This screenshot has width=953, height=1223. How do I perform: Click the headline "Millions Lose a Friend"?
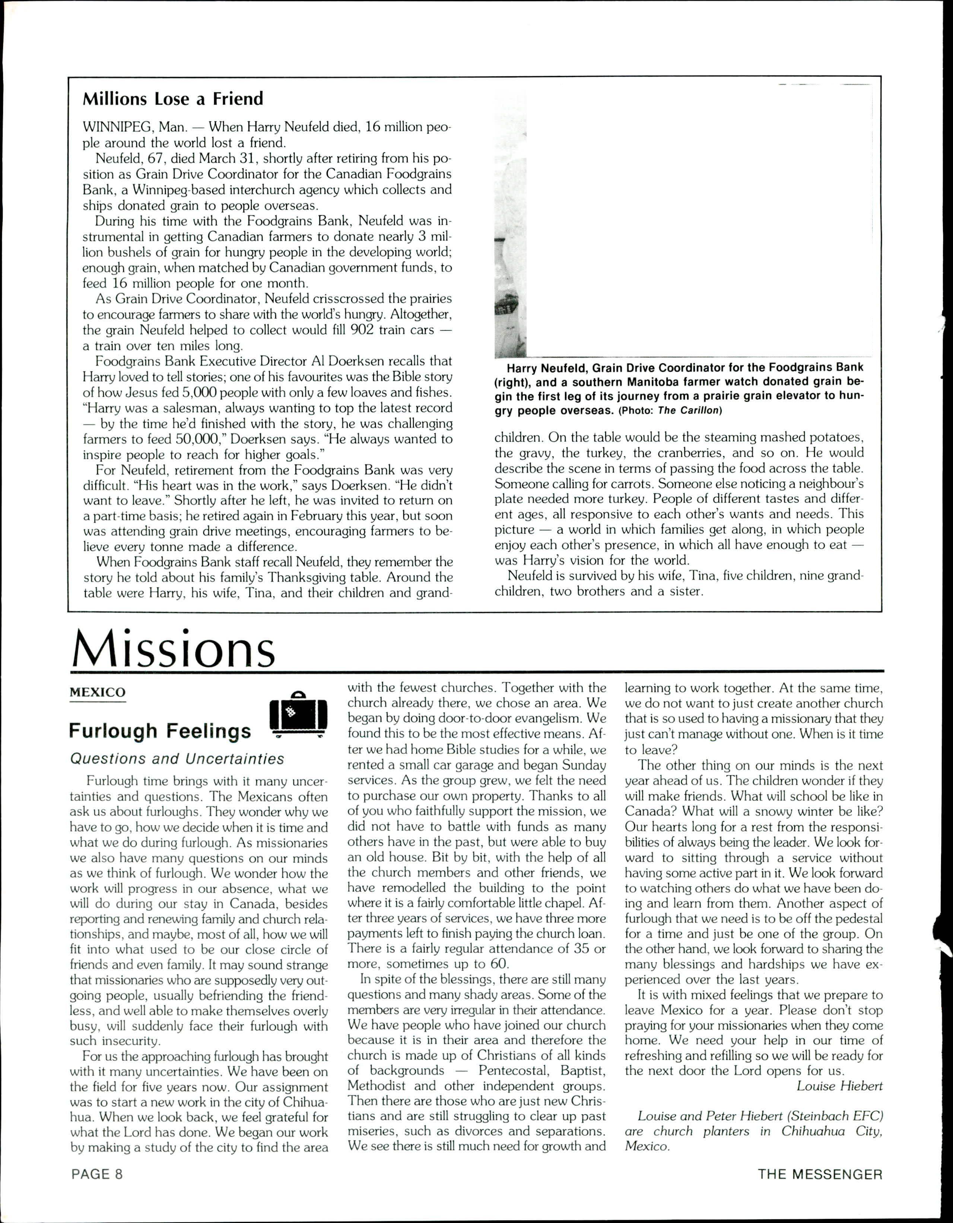tap(172, 99)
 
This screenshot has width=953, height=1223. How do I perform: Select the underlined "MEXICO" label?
tap(98, 692)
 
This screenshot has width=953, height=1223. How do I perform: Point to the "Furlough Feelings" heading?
tap(160, 731)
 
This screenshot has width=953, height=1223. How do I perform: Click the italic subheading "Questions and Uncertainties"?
tap(177, 759)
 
